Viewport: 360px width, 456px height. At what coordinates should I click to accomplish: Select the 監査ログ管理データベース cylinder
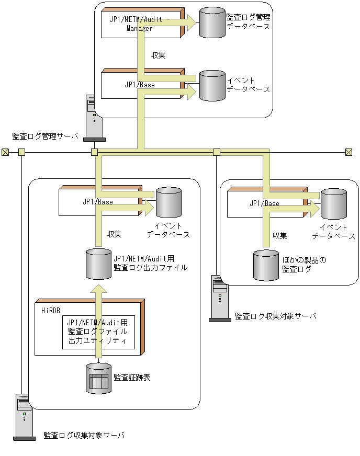(x=212, y=22)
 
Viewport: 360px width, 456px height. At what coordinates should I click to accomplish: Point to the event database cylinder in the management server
(x=212, y=85)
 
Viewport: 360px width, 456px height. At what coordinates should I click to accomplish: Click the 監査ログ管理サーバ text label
(x=45, y=137)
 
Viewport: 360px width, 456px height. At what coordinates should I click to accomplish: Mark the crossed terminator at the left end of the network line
(x=5, y=152)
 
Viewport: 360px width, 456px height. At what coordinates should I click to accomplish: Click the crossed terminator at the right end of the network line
(x=348, y=152)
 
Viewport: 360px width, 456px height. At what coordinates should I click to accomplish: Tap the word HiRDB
(x=51, y=310)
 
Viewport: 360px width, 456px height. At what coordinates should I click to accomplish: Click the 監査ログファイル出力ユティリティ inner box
(x=98, y=332)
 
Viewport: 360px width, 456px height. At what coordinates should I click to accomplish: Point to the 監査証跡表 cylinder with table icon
(x=98, y=378)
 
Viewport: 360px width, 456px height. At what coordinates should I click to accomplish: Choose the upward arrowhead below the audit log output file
(x=98, y=289)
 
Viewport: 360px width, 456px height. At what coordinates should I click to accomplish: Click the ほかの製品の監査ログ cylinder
(x=266, y=265)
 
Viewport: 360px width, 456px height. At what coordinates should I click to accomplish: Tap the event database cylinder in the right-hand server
(x=334, y=204)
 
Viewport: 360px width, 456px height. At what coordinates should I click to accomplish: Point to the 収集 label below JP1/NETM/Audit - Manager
(x=158, y=55)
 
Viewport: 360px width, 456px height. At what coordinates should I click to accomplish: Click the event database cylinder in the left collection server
(x=168, y=202)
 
